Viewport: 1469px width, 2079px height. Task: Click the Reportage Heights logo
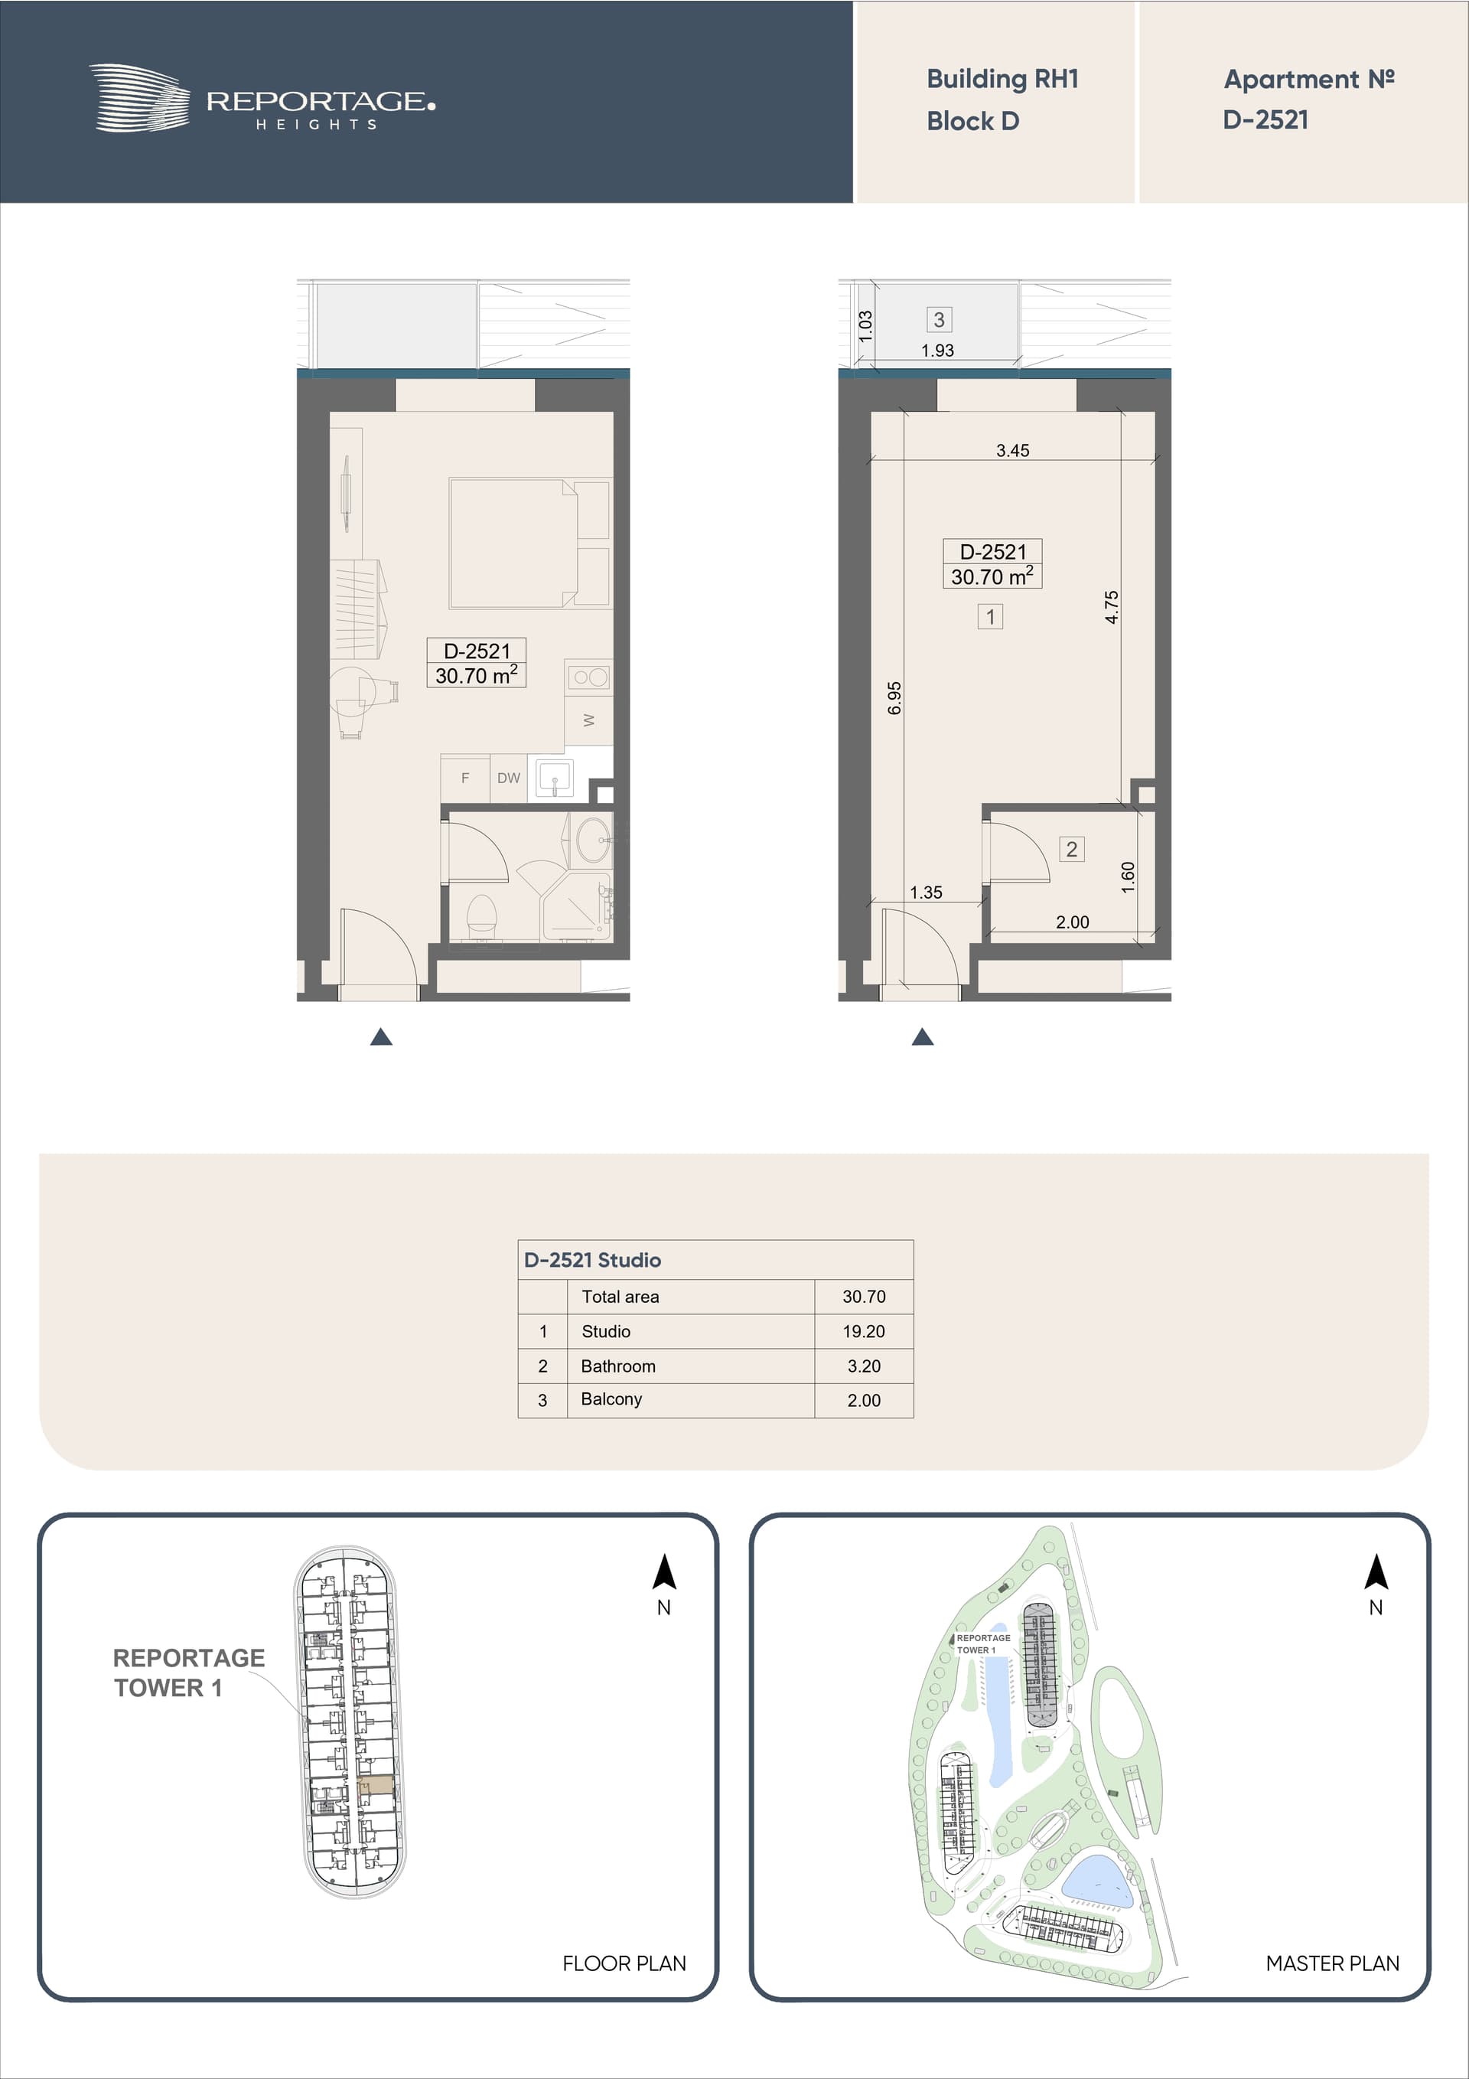click(x=262, y=99)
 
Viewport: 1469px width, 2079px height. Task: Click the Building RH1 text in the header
click(x=1002, y=80)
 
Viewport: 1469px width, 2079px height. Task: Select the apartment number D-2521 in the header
click(x=1265, y=119)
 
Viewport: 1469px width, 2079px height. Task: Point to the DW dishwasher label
click(x=509, y=778)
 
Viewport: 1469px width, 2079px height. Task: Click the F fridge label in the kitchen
click(x=465, y=778)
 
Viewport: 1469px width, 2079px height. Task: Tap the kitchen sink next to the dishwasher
click(x=554, y=778)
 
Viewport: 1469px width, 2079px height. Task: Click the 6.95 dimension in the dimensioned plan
click(x=894, y=698)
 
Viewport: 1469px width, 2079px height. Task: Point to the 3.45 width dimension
click(x=1013, y=450)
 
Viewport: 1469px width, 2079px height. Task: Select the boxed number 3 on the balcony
click(x=939, y=320)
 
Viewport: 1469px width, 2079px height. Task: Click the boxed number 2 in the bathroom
click(x=1072, y=850)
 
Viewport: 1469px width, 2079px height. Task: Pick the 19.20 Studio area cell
click(x=864, y=1331)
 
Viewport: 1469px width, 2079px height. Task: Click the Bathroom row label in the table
click(x=618, y=1366)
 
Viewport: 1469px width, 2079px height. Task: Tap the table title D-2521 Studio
click(x=593, y=1259)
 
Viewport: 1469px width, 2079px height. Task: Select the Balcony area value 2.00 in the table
click(x=864, y=1400)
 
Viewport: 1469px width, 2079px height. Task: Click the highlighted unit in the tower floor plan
click(x=376, y=1787)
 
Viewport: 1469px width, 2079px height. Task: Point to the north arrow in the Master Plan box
click(x=1376, y=1573)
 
